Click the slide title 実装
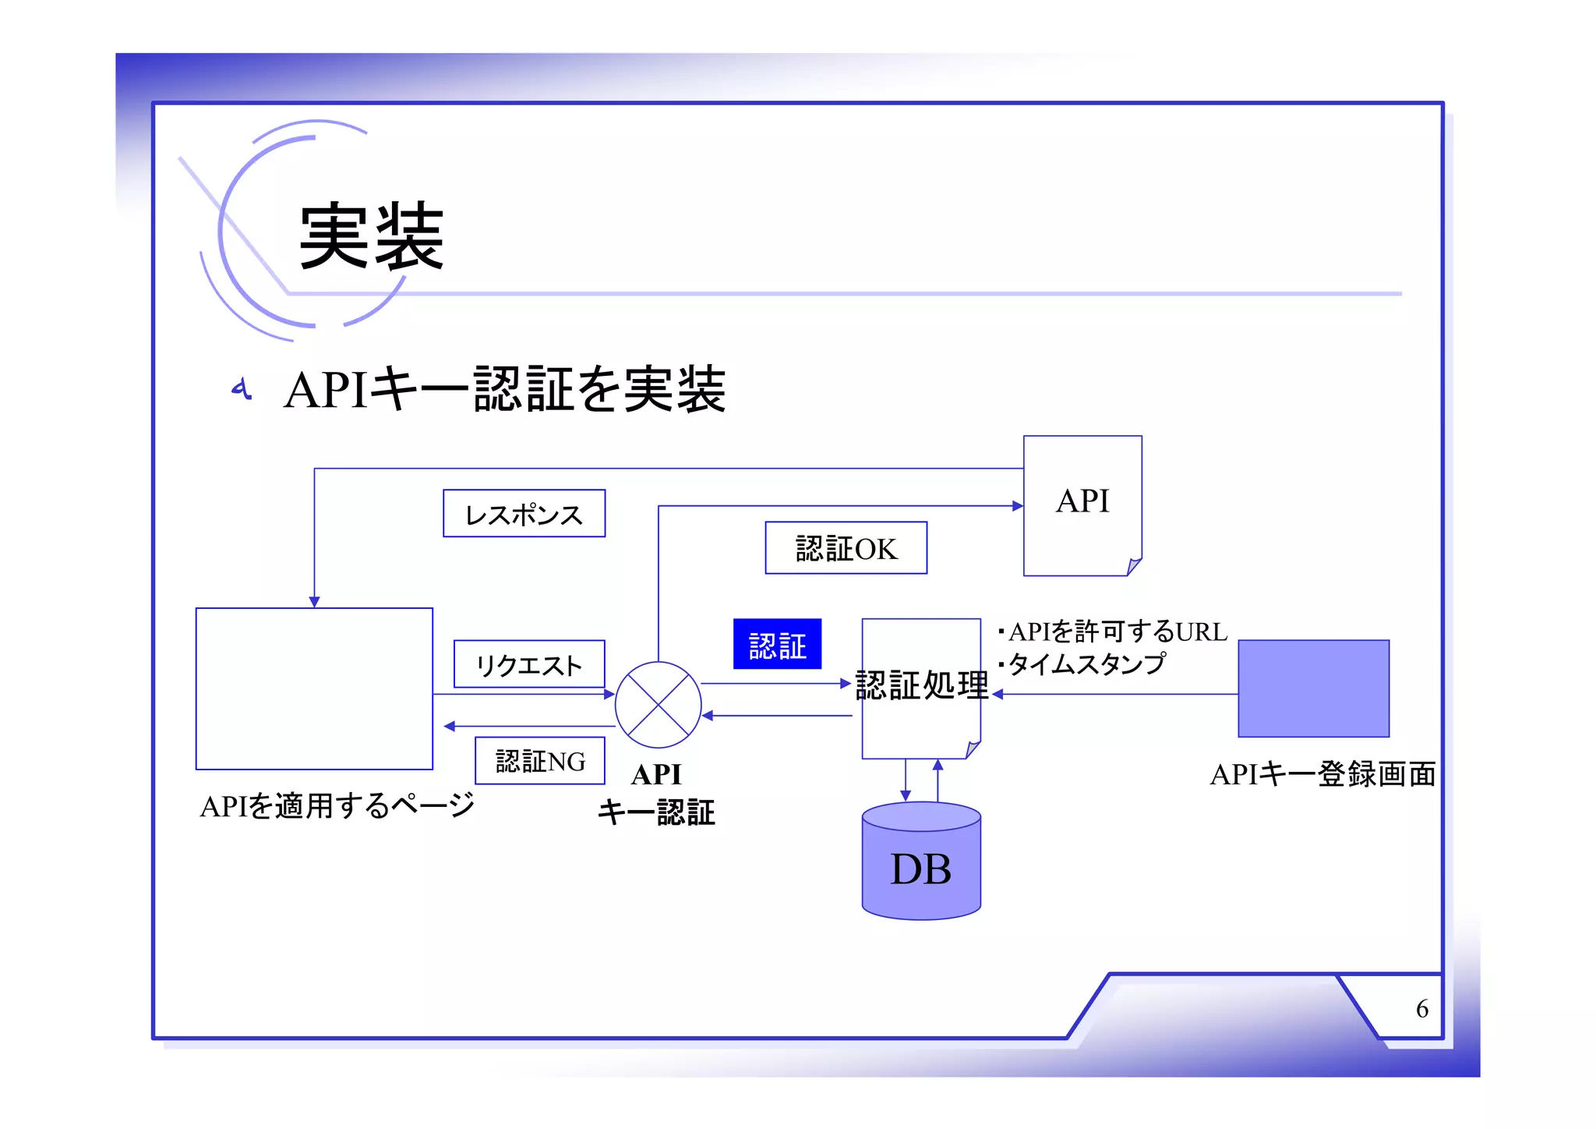click(371, 235)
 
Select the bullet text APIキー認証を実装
click(505, 389)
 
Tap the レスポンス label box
click(524, 514)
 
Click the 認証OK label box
click(846, 548)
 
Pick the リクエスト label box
click(529, 664)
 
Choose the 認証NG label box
click(540, 760)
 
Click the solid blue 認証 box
click(777, 644)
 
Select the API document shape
click(1082, 504)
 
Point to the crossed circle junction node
click(658, 705)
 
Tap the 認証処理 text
click(921, 685)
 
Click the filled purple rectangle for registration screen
click(1313, 688)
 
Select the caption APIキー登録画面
click(1322, 774)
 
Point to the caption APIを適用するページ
click(337, 805)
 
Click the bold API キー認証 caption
click(656, 794)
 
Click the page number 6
click(1421, 1009)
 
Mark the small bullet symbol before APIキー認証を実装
click(242, 388)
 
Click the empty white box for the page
click(314, 688)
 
